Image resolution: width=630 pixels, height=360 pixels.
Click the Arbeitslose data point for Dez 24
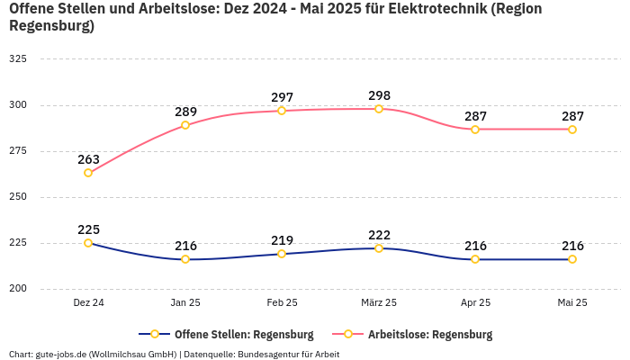click(x=88, y=173)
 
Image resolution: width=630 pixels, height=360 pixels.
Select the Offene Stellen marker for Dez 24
click(x=88, y=243)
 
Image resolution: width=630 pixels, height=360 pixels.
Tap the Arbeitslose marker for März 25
click(x=379, y=109)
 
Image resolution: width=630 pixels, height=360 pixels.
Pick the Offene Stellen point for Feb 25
click(x=282, y=254)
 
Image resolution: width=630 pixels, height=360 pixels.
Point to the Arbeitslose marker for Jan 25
click(x=185, y=125)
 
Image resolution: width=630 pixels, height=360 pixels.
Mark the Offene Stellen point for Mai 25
click(x=572, y=259)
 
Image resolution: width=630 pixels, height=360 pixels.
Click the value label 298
click(x=379, y=95)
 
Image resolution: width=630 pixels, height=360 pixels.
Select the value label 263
click(x=88, y=159)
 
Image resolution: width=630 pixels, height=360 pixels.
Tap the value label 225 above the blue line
click(x=88, y=229)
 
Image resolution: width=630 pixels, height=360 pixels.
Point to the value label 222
click(x=379, y=235)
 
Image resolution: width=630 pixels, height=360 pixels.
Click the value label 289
click(x=185, y=112)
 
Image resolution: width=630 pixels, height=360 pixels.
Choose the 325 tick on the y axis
click(x=18, y=58)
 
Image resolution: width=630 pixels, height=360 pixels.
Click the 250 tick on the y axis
click(x=18, y=197)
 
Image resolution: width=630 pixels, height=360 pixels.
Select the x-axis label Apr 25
click(x=475, y=303)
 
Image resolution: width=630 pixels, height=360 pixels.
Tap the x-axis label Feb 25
click(x=282, y=303)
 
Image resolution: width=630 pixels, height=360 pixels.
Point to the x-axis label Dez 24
click(x=88, y=303)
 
